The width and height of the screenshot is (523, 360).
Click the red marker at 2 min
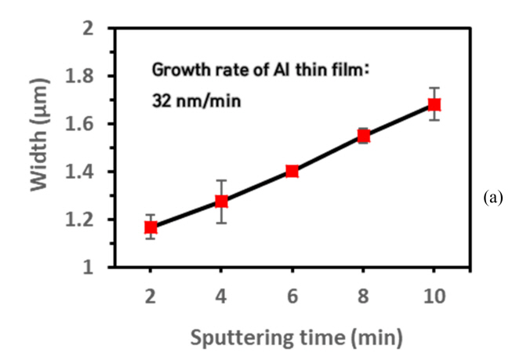click(151, 227)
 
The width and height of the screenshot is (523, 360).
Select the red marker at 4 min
click(221, 202)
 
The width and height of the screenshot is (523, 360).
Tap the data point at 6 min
click(292, 171)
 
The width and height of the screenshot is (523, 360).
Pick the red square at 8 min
click(363, 136)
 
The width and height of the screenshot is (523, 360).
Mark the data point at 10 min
click(434, 104)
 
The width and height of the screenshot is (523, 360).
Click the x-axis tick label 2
click(151, 296)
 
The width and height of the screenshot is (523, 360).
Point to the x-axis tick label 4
click(221, 296)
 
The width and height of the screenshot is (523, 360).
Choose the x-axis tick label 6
click(292, 296)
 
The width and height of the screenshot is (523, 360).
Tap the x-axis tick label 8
click(363, 296)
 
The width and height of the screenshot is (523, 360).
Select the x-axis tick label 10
click(434, 296)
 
